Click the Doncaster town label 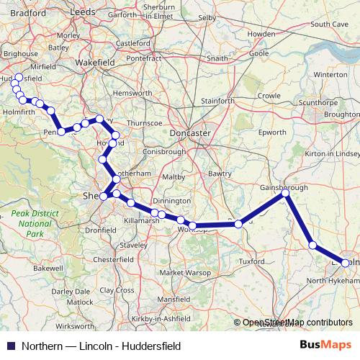pyautogui.click(x=190, y=133)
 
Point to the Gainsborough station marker pyautogui.click(x=285, y=193)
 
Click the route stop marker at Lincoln pyautogui.click(x=346, y=264)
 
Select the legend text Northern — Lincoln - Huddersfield pyautogui.click(x=100, y=346)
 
